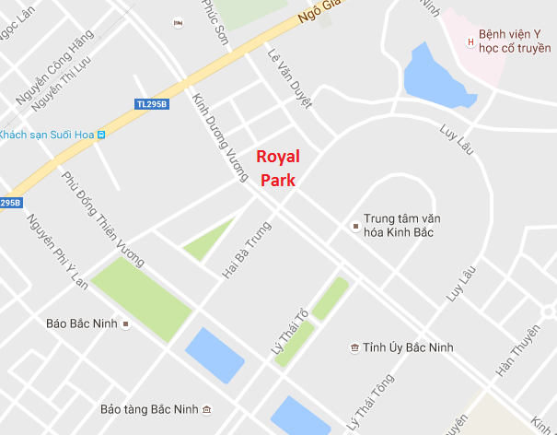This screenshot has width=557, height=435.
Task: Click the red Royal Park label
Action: [x=277, y=168]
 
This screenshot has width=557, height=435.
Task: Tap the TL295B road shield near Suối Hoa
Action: [x=152, y=104]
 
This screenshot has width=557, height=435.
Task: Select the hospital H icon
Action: [x=471, y=41]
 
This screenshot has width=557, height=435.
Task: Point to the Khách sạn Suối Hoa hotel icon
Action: [x=101, y=135]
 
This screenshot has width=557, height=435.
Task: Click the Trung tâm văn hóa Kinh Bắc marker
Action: [x=356, y=225]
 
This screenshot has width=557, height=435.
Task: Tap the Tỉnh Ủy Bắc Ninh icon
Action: [x=354, y=347]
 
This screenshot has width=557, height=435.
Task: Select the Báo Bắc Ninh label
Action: [x=82, y=323]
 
